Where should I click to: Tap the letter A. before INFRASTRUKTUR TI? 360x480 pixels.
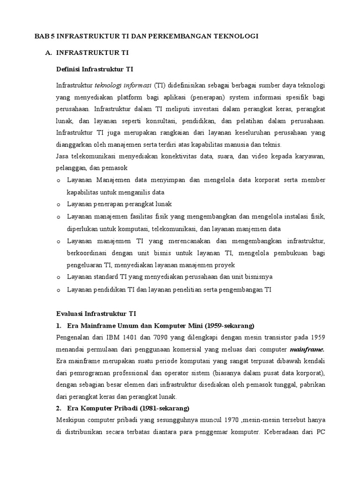coord(48,53)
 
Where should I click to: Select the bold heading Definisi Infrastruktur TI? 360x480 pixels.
coord(95,69)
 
